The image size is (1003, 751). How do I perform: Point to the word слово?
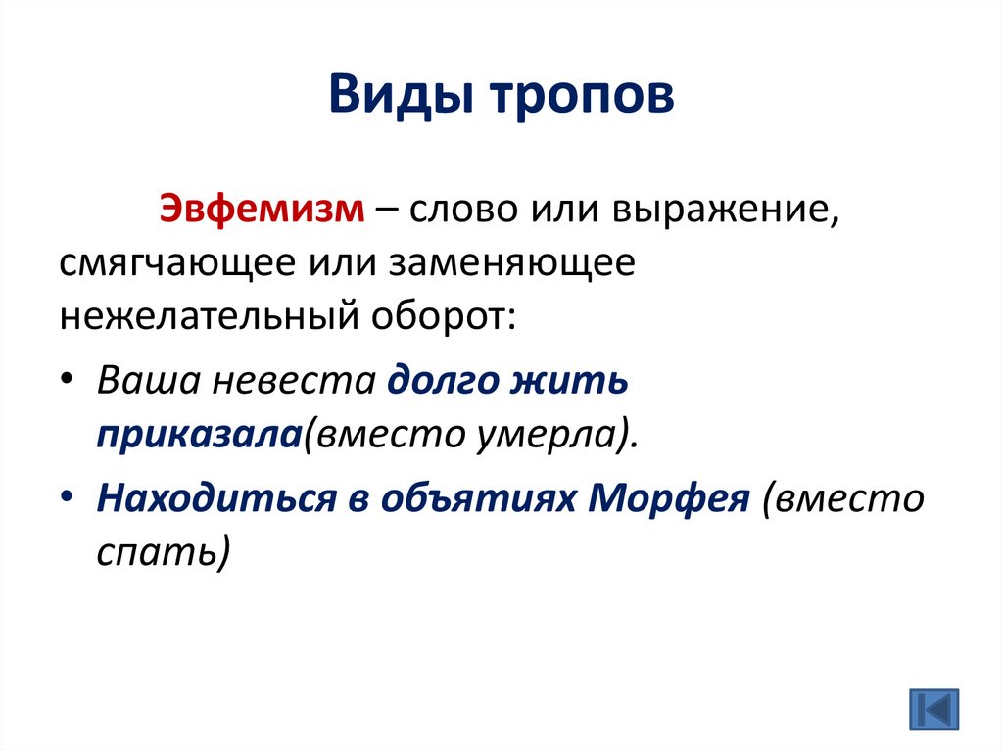[457, 211]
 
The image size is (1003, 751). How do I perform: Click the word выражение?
[725, 211]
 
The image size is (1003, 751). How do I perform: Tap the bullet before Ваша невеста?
[65, 381]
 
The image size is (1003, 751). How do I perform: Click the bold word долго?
[439, 381]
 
